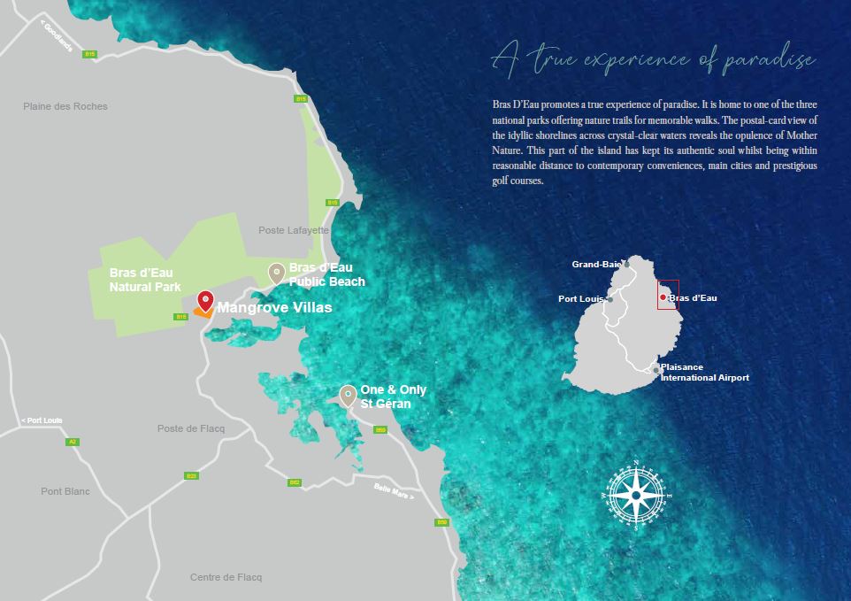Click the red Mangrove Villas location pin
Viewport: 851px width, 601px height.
point(205,300)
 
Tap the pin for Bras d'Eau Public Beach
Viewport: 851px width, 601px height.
point(276,273)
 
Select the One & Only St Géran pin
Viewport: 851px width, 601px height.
point(349,395)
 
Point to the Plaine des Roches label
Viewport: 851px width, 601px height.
point(65,106)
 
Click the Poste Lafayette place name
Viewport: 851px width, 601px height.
point(293,230)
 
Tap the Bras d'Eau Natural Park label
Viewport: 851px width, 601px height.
point(145,280)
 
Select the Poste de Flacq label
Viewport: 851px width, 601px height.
point(191,428)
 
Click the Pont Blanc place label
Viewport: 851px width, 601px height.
point(65,490)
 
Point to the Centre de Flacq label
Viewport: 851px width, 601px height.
point(226,577)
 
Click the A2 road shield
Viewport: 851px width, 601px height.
point(73,441)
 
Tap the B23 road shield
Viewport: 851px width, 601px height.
point(191,476)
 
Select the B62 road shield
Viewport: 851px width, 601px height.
point(295,482)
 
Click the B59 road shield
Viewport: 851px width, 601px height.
point(442,522)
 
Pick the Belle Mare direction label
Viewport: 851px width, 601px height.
point(393,492)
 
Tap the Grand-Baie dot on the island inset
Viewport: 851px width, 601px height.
point(626,264)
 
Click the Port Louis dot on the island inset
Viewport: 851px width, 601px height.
point(610,300)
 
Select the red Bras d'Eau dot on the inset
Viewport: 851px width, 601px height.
point(663,297)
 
